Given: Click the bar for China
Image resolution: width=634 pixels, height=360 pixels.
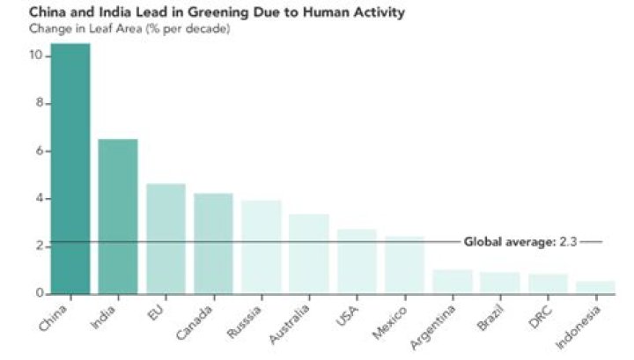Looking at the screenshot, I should (70, 168).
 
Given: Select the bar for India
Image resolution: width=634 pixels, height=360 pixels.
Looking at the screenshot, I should (117, 216).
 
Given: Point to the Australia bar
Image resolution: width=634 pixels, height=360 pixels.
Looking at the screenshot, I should (308, 253).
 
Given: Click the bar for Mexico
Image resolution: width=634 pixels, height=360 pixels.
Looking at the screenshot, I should (404, 264).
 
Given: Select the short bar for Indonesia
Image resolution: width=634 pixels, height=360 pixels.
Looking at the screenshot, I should (595, 287).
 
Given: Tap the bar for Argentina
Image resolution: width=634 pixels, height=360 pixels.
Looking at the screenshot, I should (452, 282).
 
